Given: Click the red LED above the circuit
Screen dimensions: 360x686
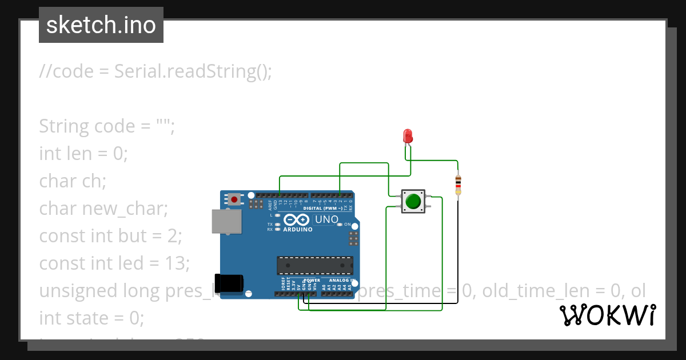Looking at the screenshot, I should coord(408,136).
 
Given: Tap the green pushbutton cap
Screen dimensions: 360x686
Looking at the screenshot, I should coord(413,201).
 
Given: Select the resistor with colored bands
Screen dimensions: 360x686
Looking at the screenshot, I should coord(458,185).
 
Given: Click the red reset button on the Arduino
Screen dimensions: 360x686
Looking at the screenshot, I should coord(234,199).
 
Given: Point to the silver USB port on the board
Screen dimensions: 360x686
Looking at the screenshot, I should coord(226,221).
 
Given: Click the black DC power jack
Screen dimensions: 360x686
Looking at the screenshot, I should coord(231,283).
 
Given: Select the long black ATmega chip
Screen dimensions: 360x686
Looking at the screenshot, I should coord(314,266).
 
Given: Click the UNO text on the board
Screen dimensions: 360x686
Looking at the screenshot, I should coord(327,219).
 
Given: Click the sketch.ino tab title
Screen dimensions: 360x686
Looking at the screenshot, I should coord(101,25).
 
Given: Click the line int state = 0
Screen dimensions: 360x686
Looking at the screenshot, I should coord(91,318).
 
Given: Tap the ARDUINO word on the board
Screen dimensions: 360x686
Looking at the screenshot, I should coord(297,230).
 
